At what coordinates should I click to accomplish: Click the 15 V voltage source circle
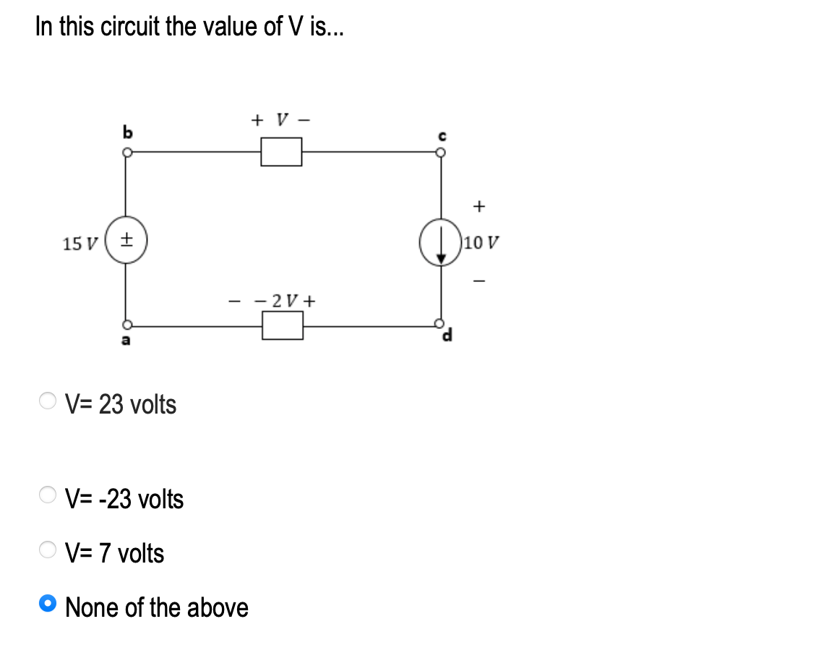[127, 243]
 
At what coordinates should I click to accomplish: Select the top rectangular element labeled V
[281, 153]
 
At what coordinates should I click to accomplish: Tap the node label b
[128, 132]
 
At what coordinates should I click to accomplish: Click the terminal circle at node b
[127, 153]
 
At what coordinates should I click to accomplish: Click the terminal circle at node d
[439, 323]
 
